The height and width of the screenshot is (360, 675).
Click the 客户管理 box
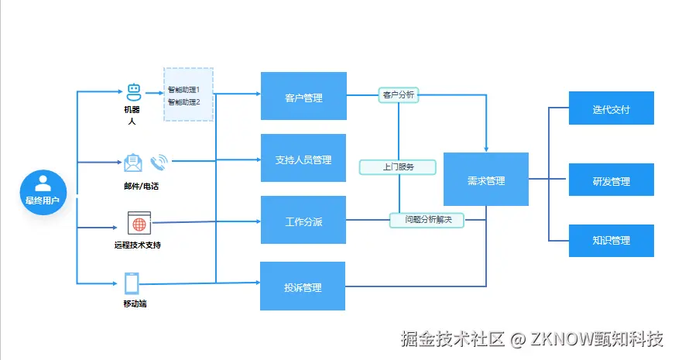pos(303,97)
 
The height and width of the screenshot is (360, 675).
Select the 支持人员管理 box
pos(303,159)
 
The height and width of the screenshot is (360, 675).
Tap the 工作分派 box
pos(303,221)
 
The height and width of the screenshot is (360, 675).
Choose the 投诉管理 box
pos(303,287)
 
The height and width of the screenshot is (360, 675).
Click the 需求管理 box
pos(485,180)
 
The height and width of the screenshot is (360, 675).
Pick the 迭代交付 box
pos(611,108)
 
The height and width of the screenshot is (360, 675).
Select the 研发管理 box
pos(611,181)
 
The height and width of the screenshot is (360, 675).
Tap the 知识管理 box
pos(611,240)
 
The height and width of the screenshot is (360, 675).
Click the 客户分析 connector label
pos(399,94)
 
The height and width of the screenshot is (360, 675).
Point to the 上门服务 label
pos(398,166)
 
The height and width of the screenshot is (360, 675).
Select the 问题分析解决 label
pos(427,220)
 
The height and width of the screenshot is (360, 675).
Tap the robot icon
pos(133,91)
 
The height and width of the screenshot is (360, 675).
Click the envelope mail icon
pos(133,163)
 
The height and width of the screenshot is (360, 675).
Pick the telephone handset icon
pos(159,162)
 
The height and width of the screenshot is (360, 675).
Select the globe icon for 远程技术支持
pos(139,224)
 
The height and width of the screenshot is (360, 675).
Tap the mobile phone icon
pos(132,283)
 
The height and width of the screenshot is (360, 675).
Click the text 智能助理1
pos(183,90)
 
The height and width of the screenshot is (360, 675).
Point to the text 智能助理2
pos(183,101)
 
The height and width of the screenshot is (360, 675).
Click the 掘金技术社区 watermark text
pos(453,338)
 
